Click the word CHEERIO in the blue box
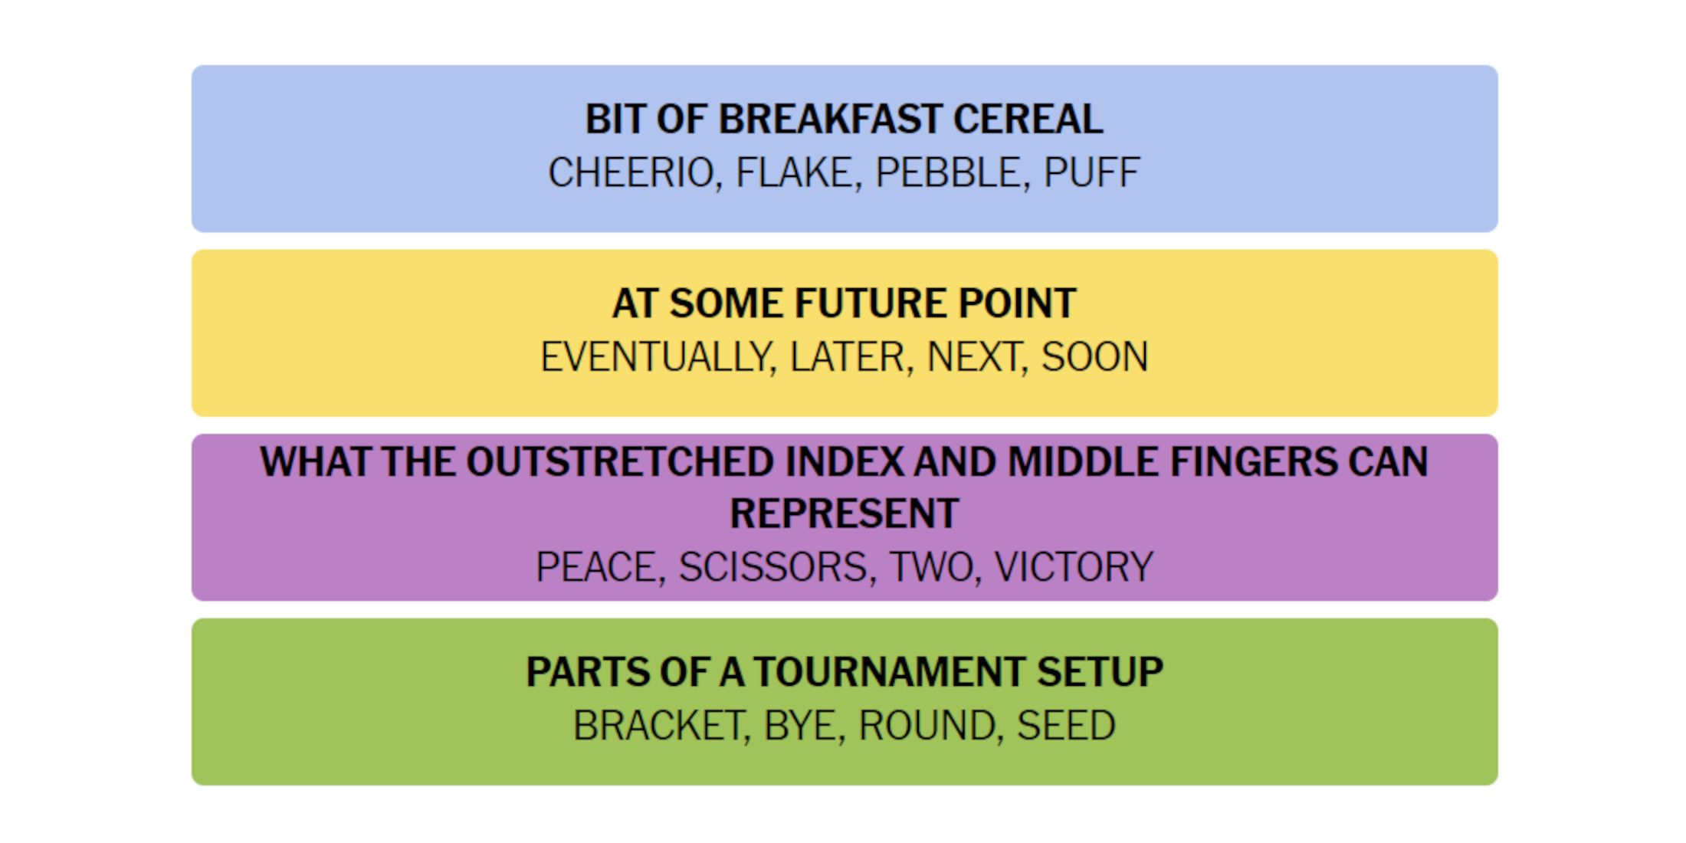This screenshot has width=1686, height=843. tap(631, 172)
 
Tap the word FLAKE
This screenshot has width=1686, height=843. tap(794, 172)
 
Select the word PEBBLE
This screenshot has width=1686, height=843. tap(947, 172)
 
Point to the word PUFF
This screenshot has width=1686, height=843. tap(1091, 172)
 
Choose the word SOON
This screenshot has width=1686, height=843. tap(1095, 357)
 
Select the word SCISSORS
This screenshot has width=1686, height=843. tap(772, 567)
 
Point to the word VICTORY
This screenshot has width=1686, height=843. tap(1074, 567)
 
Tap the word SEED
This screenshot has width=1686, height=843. tap(1066, 726)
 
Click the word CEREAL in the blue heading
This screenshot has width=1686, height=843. tap(1028, 120)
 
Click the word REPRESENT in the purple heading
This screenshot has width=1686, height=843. tap(845, 513)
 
